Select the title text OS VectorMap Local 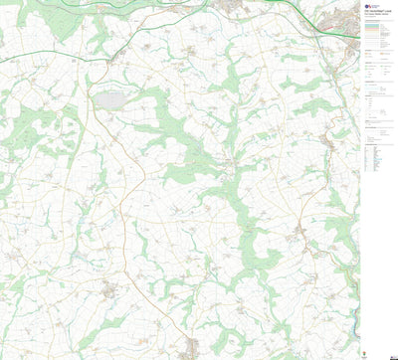pyautogui.click(x=376, y=12)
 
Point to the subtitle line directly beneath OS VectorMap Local pyautogui.click(x=376, y=16)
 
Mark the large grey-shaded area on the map pyautogui.click(x=110, y=99)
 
